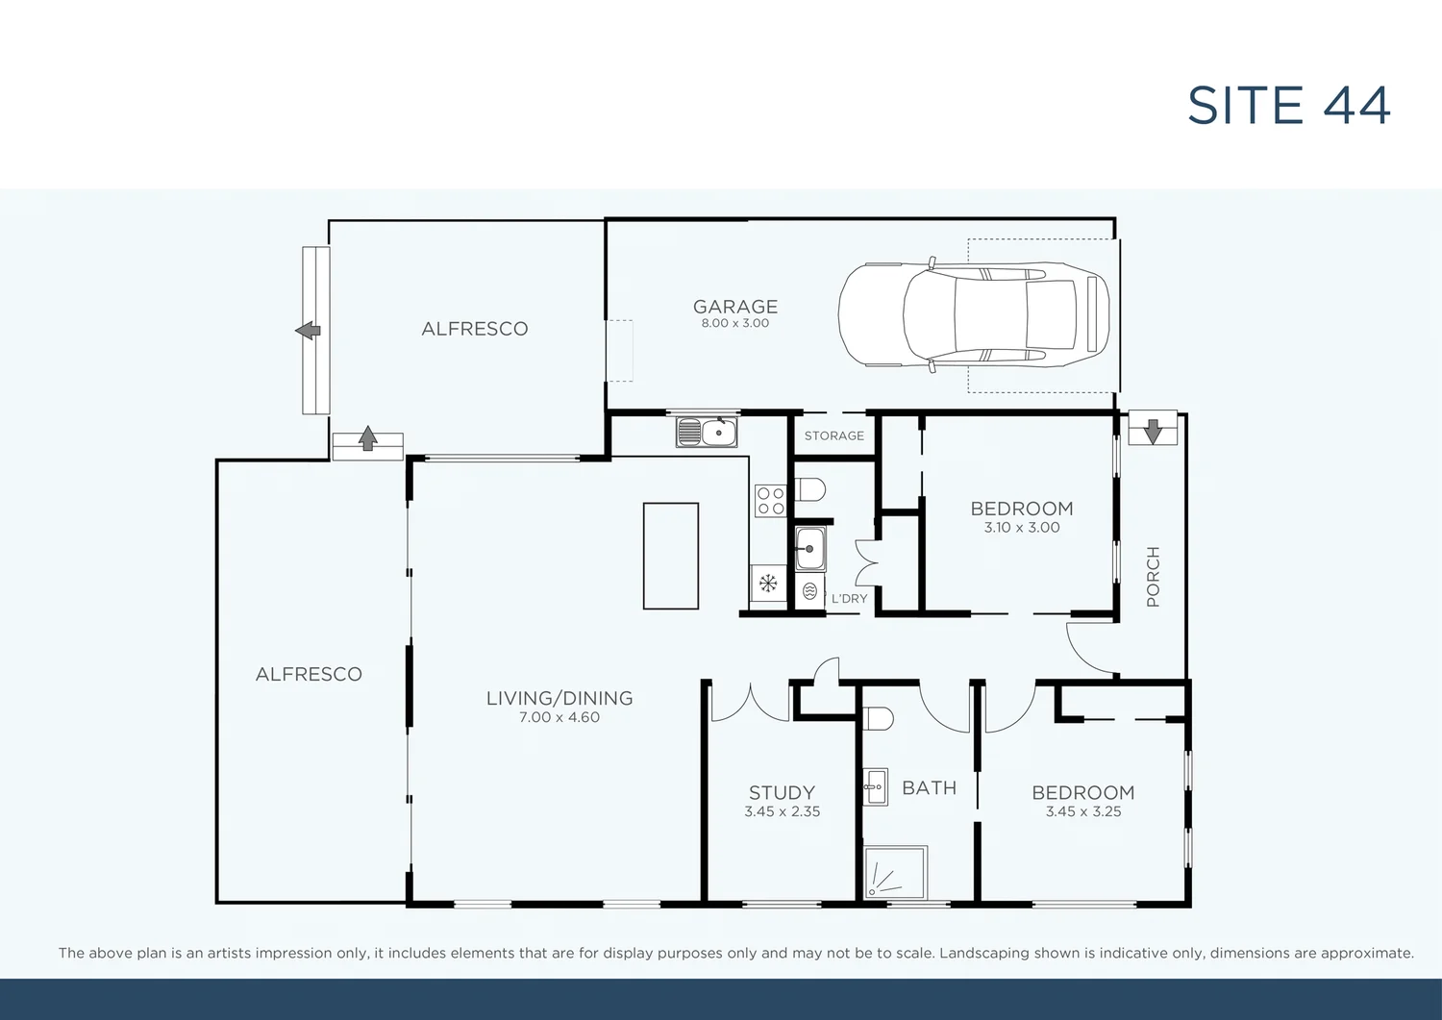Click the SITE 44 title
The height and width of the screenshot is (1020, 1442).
[1288, 106]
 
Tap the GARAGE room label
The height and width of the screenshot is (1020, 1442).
[735, 307]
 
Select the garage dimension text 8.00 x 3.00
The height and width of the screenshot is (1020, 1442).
[735, 324]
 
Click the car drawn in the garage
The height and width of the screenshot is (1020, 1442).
[973, 314]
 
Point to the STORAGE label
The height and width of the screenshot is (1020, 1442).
[833, 435]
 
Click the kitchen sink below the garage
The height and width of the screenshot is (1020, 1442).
[707, 433]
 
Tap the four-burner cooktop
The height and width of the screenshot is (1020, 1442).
[770, 501]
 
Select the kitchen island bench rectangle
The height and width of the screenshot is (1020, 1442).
[671, 556]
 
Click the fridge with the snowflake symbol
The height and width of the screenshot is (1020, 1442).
[768, 583]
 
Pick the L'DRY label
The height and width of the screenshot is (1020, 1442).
[849, 598]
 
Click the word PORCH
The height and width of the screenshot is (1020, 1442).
[1153, 577]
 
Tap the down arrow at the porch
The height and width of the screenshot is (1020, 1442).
[1153, 431]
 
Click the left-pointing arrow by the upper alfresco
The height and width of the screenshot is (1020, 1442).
[308, 331]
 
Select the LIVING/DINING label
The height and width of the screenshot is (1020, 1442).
[559, 699]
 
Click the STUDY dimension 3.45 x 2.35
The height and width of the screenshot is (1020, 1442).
[782, 811]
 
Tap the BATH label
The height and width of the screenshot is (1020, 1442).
[929, 788]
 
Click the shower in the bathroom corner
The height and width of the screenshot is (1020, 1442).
[895, 873]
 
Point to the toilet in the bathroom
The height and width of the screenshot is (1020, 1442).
[878, 719]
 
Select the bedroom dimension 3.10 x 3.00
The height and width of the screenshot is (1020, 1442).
[1021, 528]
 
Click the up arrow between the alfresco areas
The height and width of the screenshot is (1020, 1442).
[367, 439]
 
